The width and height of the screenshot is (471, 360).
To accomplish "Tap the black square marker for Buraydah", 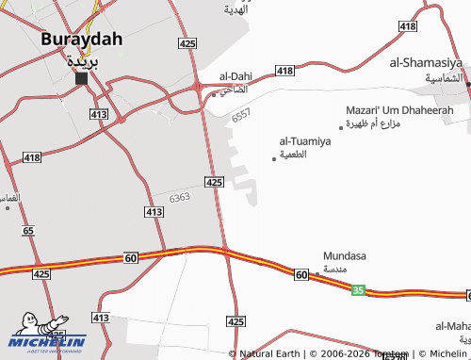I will click(x=81, y=78).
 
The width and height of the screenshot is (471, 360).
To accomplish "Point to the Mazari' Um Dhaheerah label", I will click(x=399, y=110).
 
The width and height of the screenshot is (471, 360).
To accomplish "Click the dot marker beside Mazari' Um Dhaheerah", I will click(x=341, y=127).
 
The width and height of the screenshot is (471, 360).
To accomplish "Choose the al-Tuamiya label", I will click(x=305, y=141).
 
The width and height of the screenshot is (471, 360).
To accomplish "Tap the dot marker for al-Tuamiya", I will click(x=274, y=158).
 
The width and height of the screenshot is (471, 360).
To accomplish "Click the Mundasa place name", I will click(x=344, y=255).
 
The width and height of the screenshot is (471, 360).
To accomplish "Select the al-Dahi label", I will click(x=235, y=76).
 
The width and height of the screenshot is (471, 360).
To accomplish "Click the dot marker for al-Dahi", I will click(x=214, y=94).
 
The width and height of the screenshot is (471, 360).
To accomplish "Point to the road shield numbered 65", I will click(x=28, y=230).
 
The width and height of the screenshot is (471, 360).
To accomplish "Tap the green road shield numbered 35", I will click(x=358, y=291).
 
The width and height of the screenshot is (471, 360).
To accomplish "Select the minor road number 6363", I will click(x=180, y=197).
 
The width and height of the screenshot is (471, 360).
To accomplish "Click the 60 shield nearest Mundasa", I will click(x=300, y=274).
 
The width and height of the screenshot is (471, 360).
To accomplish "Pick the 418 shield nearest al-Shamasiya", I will click(x=407, y=26).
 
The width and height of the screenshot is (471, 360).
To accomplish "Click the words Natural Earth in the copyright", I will click(x=269, y=353).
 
